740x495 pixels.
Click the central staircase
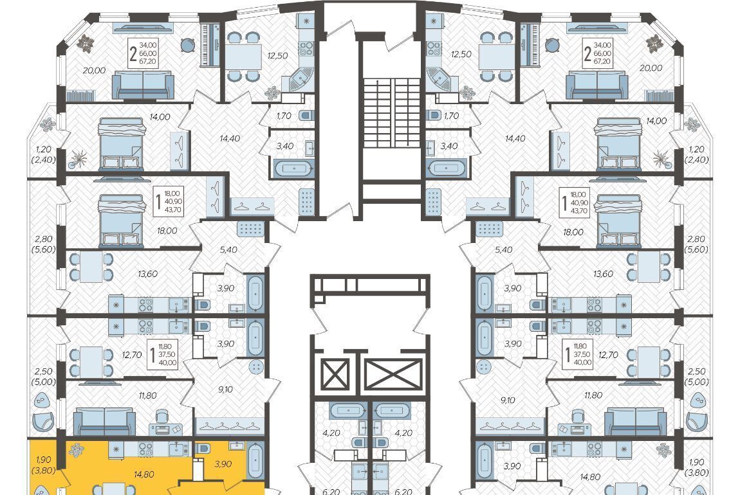click(392, 113)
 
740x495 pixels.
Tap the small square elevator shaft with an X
click(335, 375)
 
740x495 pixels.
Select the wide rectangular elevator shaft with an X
click(393, 375)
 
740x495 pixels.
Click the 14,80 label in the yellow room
click(144, 474)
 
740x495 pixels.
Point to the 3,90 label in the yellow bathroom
click(223, 464)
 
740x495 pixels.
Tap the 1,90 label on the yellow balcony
click(43, 460)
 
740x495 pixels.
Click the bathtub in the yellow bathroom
click(255, 460)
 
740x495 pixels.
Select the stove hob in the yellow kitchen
click(145, 449)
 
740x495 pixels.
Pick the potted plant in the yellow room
click(77, 450)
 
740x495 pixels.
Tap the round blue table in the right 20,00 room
click(552, 45)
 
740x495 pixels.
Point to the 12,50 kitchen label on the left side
click(277, 56)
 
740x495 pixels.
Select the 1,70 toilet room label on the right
click(451, 116)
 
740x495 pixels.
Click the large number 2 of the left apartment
click(134, 55)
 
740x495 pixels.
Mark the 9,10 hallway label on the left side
click(226, 390)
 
